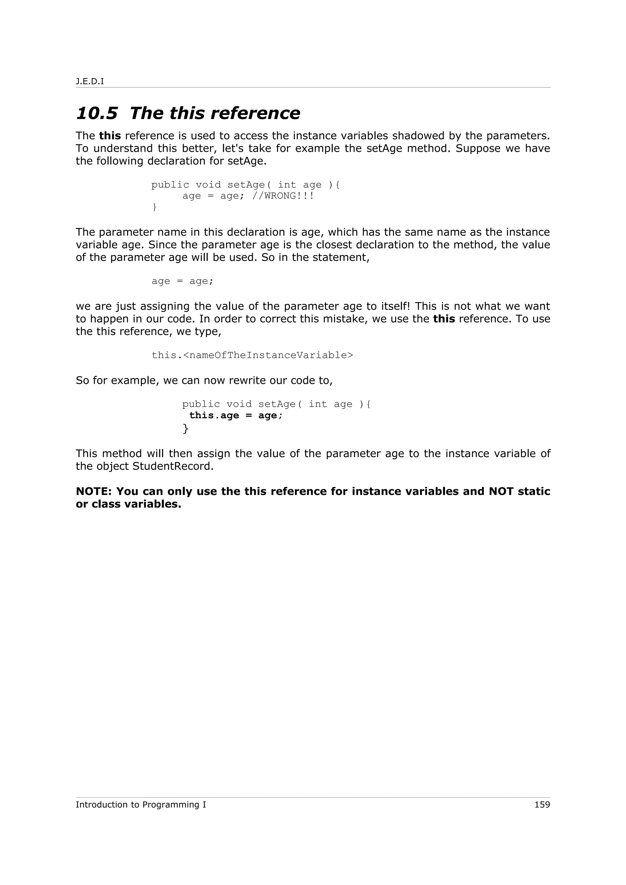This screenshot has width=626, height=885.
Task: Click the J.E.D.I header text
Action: pos(90,81)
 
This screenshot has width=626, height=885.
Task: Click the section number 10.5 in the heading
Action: pos(96,113)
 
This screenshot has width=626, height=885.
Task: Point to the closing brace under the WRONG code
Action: pos(154,207)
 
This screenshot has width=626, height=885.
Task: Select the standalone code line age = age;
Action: pos(182,281)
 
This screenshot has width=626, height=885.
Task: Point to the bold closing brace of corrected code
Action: pos(186,428)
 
